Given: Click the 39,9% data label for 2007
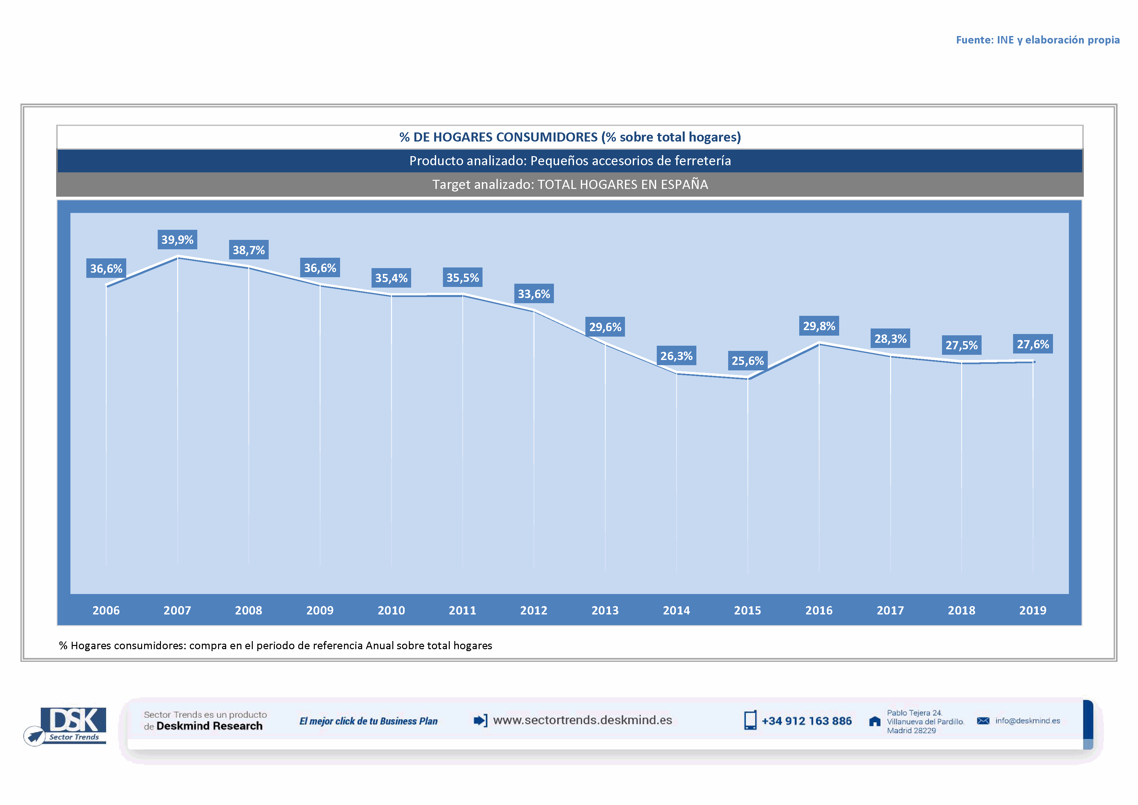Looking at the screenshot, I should click(x=177, y=240).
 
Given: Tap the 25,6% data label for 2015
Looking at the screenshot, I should click(x=747, y=361).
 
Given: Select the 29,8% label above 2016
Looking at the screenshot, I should click(x=819, y=326).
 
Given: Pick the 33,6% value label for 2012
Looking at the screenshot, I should click(x=534, y=294).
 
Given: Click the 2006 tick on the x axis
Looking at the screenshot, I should click(x=106, y=610).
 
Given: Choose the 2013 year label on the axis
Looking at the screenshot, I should click(x=605, y=610).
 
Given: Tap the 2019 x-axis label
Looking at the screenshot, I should click(x=1033, y=610).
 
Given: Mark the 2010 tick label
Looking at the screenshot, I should click(x=391, y=610).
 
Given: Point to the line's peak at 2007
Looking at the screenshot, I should click(x=177, y=257).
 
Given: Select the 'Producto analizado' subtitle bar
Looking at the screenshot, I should click(x=570, y=161).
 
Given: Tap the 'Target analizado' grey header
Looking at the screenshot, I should click(x=570, y=184).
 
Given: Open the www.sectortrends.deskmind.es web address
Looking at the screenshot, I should click(x=582, y=720).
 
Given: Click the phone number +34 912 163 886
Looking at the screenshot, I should click(x=806, y=721).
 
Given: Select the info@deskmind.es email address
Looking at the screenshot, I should click(x=1027, y=721).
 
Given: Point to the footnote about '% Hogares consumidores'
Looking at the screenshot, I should click(x=275, y=645).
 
